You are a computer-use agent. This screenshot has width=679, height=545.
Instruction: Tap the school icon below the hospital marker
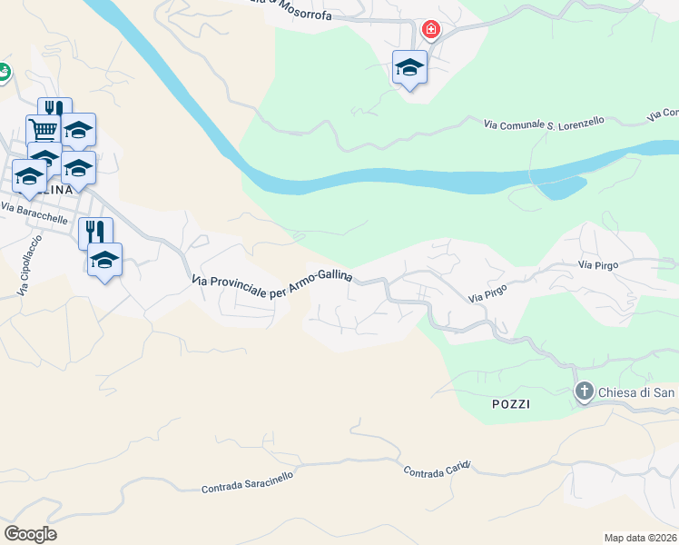coord(409,67)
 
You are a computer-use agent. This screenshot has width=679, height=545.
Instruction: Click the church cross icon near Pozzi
coord(584,393)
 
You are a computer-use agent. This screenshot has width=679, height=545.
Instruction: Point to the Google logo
coord(30,534)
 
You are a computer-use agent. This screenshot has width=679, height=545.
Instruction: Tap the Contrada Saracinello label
coord(247,482)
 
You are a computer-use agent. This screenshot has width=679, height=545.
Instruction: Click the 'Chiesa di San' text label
coord(635,393)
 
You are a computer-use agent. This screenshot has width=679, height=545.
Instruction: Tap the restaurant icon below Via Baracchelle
coord(95,233)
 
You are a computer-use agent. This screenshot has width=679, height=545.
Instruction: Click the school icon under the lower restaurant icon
coord(105,260)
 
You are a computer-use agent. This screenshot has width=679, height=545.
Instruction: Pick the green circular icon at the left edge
coord(3,71)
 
